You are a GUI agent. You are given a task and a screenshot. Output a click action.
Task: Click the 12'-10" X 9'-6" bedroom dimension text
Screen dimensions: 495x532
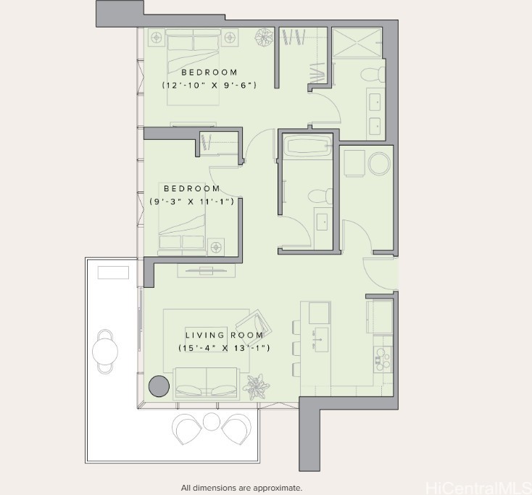click(x=209, y=86)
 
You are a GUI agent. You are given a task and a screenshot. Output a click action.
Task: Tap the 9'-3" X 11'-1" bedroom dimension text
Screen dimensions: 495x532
click(x=192, y=201)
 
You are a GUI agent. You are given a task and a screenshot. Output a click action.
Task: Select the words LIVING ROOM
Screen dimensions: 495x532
click(x=224, y=335)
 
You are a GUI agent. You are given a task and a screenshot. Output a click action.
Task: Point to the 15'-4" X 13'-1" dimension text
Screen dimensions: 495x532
click(x=224, y=349)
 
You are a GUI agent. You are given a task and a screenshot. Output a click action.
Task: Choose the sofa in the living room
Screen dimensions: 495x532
click(x=207, y=383)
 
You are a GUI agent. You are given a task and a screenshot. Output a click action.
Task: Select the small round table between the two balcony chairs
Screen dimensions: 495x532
click(x=211, y=421)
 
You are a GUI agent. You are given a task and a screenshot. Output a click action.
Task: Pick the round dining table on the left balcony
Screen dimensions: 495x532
click(x=105, y=352)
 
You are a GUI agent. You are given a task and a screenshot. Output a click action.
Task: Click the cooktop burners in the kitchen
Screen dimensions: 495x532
click(x=382, y=356)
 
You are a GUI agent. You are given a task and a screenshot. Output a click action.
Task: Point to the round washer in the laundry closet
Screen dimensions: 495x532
click(x=380, y=164)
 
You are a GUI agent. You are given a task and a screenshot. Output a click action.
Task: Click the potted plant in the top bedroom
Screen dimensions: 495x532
click(x=262, y=37)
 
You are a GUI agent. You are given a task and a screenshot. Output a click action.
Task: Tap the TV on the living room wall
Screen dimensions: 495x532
click(x=206, y=270)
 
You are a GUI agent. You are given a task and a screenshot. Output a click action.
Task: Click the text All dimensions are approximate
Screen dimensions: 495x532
click(x=241, y=488)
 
